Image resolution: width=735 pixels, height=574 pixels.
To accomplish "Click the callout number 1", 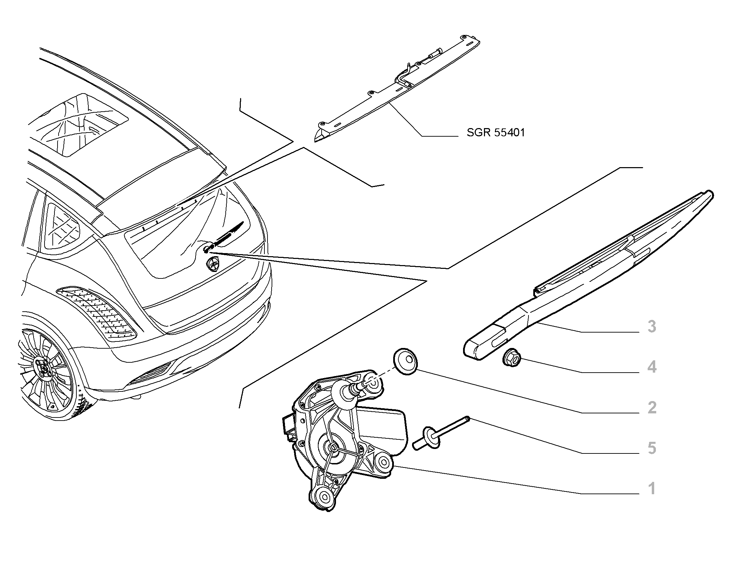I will [652, 489].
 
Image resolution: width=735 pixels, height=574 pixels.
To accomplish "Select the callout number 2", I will [652, 408].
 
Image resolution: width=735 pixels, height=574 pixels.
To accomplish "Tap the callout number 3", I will [652, 327].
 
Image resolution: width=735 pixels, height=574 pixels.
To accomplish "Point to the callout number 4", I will [652, 367].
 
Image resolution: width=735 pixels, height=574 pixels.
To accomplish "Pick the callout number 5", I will [652, 448].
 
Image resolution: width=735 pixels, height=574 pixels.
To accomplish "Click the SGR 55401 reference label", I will [496, 133].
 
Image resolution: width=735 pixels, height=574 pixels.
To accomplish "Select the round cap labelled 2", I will [406, 361].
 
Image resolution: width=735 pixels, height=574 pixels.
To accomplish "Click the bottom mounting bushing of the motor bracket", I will [323, 495].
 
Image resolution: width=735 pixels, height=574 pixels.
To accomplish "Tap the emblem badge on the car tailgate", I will [212, 264].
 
